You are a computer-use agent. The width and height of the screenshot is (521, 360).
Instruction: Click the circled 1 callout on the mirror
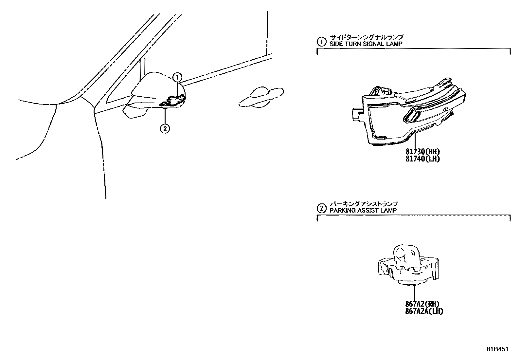(x=177, y=78)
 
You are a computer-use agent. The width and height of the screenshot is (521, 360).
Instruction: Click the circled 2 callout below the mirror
(x=165, y=128)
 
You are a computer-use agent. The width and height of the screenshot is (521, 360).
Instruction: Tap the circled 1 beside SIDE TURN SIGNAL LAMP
(x=322, y=41)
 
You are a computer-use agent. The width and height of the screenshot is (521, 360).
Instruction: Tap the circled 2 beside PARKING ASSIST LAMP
(x=322, y=208)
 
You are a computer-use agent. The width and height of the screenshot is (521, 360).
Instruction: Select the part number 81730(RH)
(x=422, y=152)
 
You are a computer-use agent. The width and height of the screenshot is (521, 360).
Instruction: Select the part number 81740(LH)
(x=422, y=159)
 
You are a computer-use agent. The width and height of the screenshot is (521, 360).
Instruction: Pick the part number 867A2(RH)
(x=422, y=304)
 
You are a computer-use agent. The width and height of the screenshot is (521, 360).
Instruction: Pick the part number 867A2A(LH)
(x=424, y=311)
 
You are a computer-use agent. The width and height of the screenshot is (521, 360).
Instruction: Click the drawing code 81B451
(x=497, y=349)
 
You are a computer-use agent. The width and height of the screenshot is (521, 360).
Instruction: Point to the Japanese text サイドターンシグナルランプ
(x=366, y=37)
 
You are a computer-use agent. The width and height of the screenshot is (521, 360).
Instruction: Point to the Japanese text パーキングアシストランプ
(x=364, y=204)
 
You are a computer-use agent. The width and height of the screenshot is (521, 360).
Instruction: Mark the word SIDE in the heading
(x=335, y=44)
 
